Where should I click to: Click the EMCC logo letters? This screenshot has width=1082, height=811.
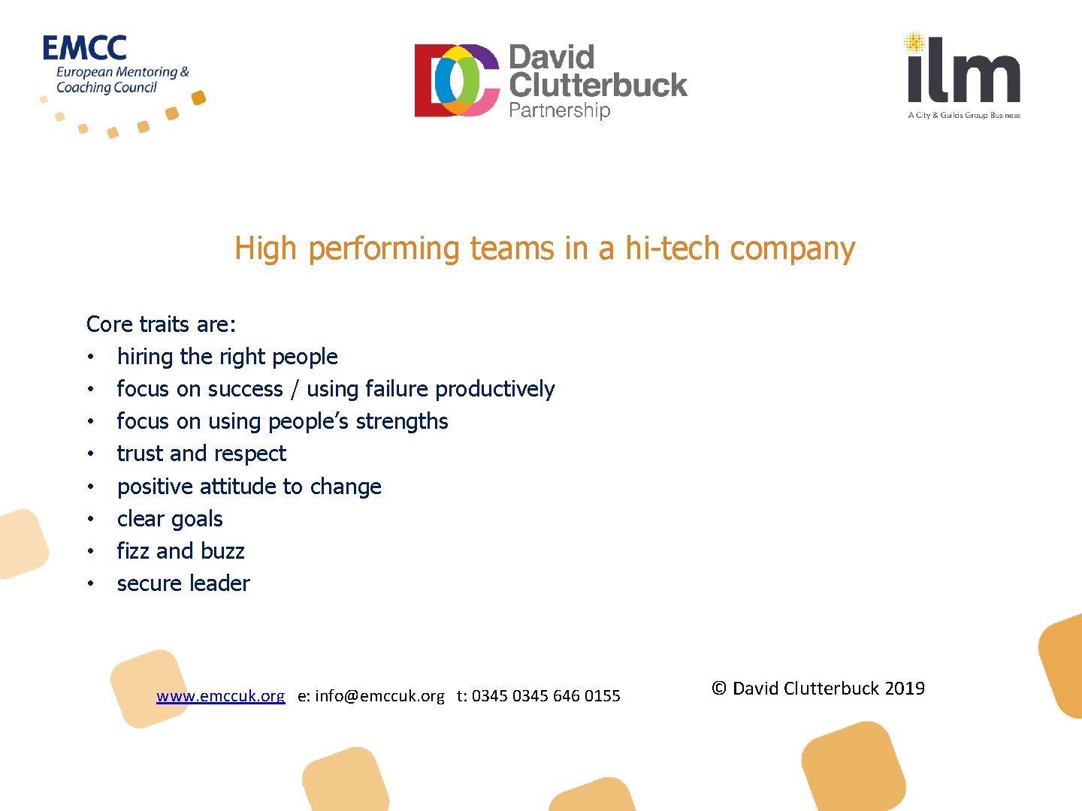click(x=84, y=48)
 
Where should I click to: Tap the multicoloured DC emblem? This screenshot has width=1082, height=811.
click(x=457, y=80)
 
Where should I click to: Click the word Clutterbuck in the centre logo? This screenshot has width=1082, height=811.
click(x=598, y=85)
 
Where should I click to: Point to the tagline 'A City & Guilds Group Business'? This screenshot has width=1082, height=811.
click(x=964, y=116)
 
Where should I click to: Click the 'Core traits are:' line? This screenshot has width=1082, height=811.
click(x=162, y=324)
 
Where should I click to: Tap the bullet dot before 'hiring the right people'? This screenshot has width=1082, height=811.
click(x=90, y=357)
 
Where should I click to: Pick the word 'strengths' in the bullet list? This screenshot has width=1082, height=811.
click(x=402, y=421)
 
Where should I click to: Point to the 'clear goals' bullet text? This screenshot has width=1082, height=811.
click(x=170, y=519)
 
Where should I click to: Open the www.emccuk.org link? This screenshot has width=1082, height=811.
click(x=220, y=696)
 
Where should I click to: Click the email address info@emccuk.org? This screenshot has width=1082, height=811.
click(x=379, y=696)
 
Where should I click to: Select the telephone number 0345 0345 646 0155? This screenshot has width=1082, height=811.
click(x=546, y=696)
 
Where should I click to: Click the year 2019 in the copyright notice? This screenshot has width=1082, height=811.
click(x=905, y=689)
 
